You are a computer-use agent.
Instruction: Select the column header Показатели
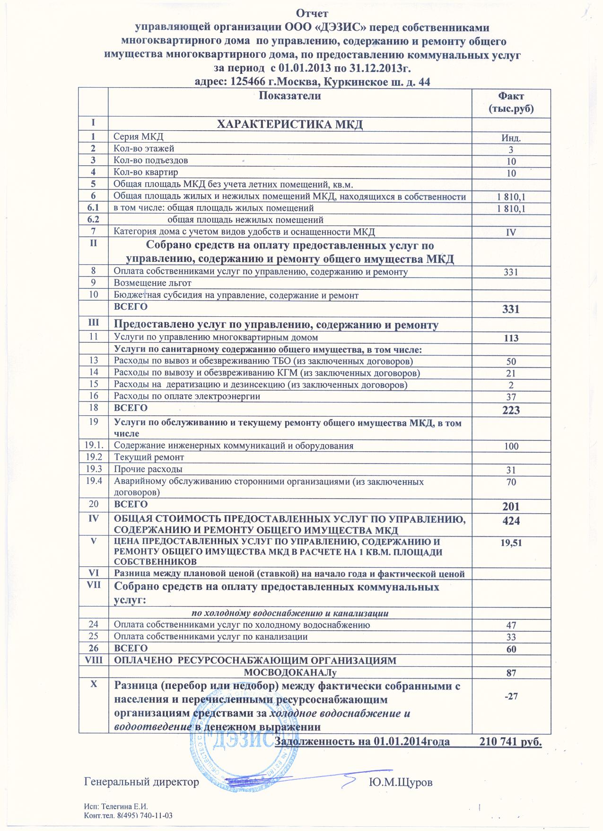(x=290, y=96)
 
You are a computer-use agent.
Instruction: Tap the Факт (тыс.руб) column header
(x=511, y=102)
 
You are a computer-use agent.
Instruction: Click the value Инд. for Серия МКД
(x=511, y=139)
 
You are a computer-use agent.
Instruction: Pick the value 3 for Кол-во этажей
(x=511, y=150)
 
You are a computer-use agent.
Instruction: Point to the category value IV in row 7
(x=511, y=232)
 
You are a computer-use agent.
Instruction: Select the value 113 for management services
(x=511, y=338)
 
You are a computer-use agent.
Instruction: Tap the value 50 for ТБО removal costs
(x=511, y=362)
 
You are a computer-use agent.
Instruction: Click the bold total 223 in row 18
(x=511, y=410)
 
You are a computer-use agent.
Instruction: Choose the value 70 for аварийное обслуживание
(x=511, y=483)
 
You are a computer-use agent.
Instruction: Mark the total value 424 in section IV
(x=511, y=521)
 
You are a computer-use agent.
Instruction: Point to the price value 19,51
(x=511, y=543)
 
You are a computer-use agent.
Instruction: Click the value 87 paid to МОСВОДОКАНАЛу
(x=511, y=672)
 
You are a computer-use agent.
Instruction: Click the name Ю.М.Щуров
(x=400, y=782)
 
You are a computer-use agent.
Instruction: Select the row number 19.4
(x=94, y=482)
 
